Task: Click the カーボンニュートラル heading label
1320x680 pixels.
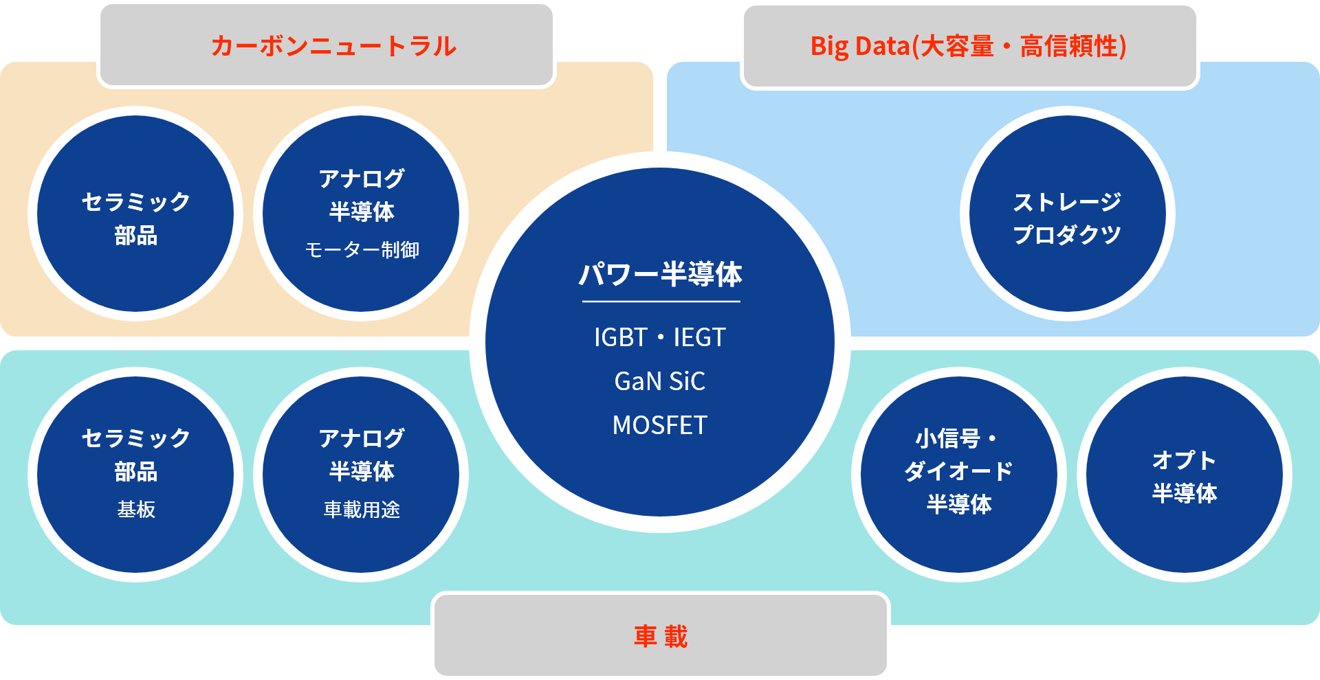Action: tap(333, 46)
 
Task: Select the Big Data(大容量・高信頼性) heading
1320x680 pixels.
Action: tap(969, 46)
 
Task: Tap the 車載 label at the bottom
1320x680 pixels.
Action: tap(661, 636)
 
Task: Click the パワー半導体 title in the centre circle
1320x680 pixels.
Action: tap(660, 274)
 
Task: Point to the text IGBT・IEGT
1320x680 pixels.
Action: tap(660, 337)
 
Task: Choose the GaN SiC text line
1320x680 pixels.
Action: tap(660, 381)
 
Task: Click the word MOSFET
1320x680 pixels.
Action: tap(660, 425)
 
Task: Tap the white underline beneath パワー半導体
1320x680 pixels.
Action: tap(661, 302)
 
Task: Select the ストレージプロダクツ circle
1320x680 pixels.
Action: tap(1067, 214)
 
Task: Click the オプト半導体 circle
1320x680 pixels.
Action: tap(1185, 475)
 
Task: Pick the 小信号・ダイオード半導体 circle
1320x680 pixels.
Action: tap(959, 475)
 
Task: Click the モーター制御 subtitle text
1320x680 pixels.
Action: tap(362, 249)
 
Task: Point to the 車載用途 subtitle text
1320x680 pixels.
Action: tap(362, 509)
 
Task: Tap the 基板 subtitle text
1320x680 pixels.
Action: tap(136, 509)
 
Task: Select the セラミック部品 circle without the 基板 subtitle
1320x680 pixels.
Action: tap(135, 214)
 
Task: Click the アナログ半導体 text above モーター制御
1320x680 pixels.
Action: tap(362, 195)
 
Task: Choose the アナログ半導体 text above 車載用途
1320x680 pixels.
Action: tap(362, 455)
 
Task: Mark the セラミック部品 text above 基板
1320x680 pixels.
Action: tap(136, 455)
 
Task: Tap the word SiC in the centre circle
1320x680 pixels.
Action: tap(687, 381)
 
